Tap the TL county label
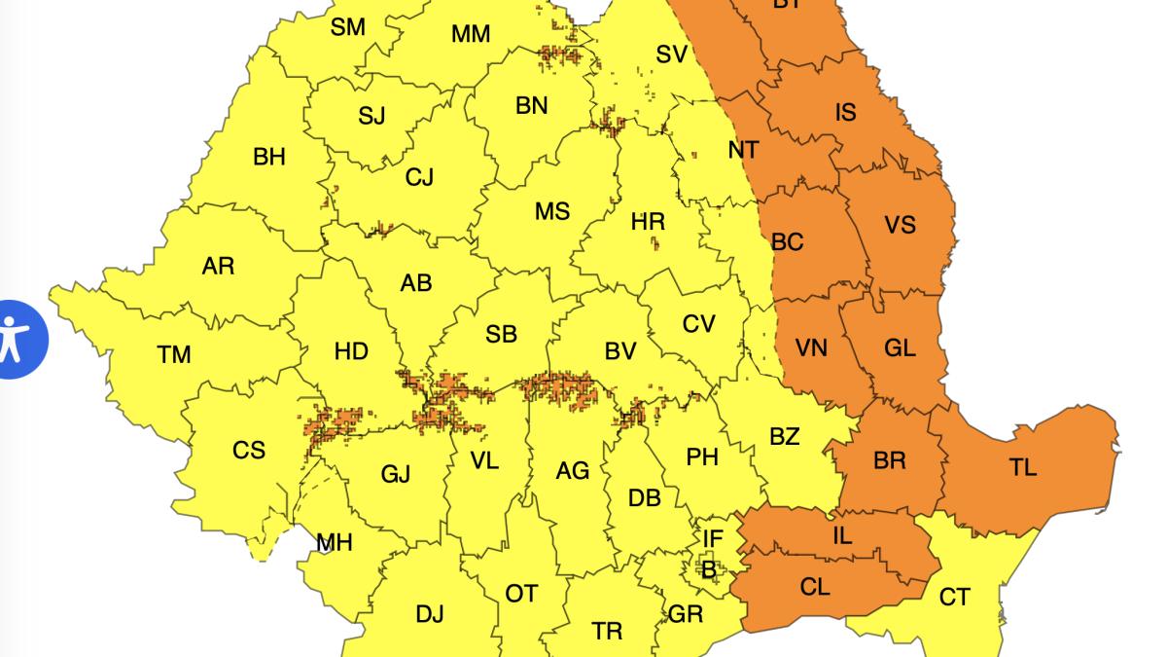pos(1022,468)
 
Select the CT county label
pos(954,597)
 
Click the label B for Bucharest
pos(708,568)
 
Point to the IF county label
pos(713,538)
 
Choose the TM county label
pos(174,355)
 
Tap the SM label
pos(347,26)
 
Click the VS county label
pos(900,225)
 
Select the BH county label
pos(269,156)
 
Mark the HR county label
pos(648,222)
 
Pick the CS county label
pos(249,451)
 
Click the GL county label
pos(900,347)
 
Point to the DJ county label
pos(429,614)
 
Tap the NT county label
pos(743,150)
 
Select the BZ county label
pos(784,436)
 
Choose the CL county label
pos(815,587)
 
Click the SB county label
pos(501,335)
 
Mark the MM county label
pos(471,35)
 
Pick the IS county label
pos(845,113)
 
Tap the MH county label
pos(334,543)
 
